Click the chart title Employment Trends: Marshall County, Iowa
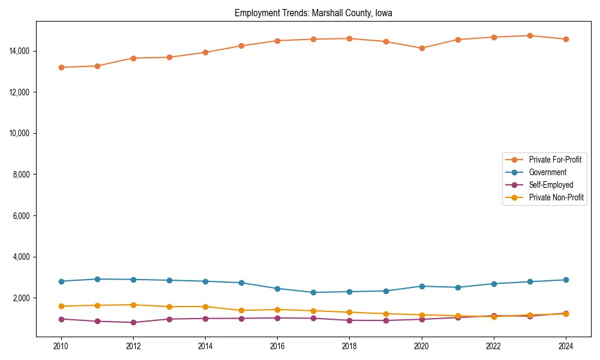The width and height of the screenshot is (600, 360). point(313,13)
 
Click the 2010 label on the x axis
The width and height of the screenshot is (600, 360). point(61,346)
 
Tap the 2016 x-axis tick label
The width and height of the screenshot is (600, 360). point(277,346)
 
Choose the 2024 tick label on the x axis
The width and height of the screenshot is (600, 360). point(566,346)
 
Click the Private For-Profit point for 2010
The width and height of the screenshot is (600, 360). point(61,67)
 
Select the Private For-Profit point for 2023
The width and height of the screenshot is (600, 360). point(530,35)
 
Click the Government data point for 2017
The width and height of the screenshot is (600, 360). point(313,292)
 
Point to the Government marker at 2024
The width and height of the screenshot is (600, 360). point(566,280)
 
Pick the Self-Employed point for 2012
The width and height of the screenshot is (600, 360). point(133,322)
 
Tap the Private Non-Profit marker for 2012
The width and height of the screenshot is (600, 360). point(133,305)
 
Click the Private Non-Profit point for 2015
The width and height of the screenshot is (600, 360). point(241,310)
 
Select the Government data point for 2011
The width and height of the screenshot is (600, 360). point(97,279)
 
